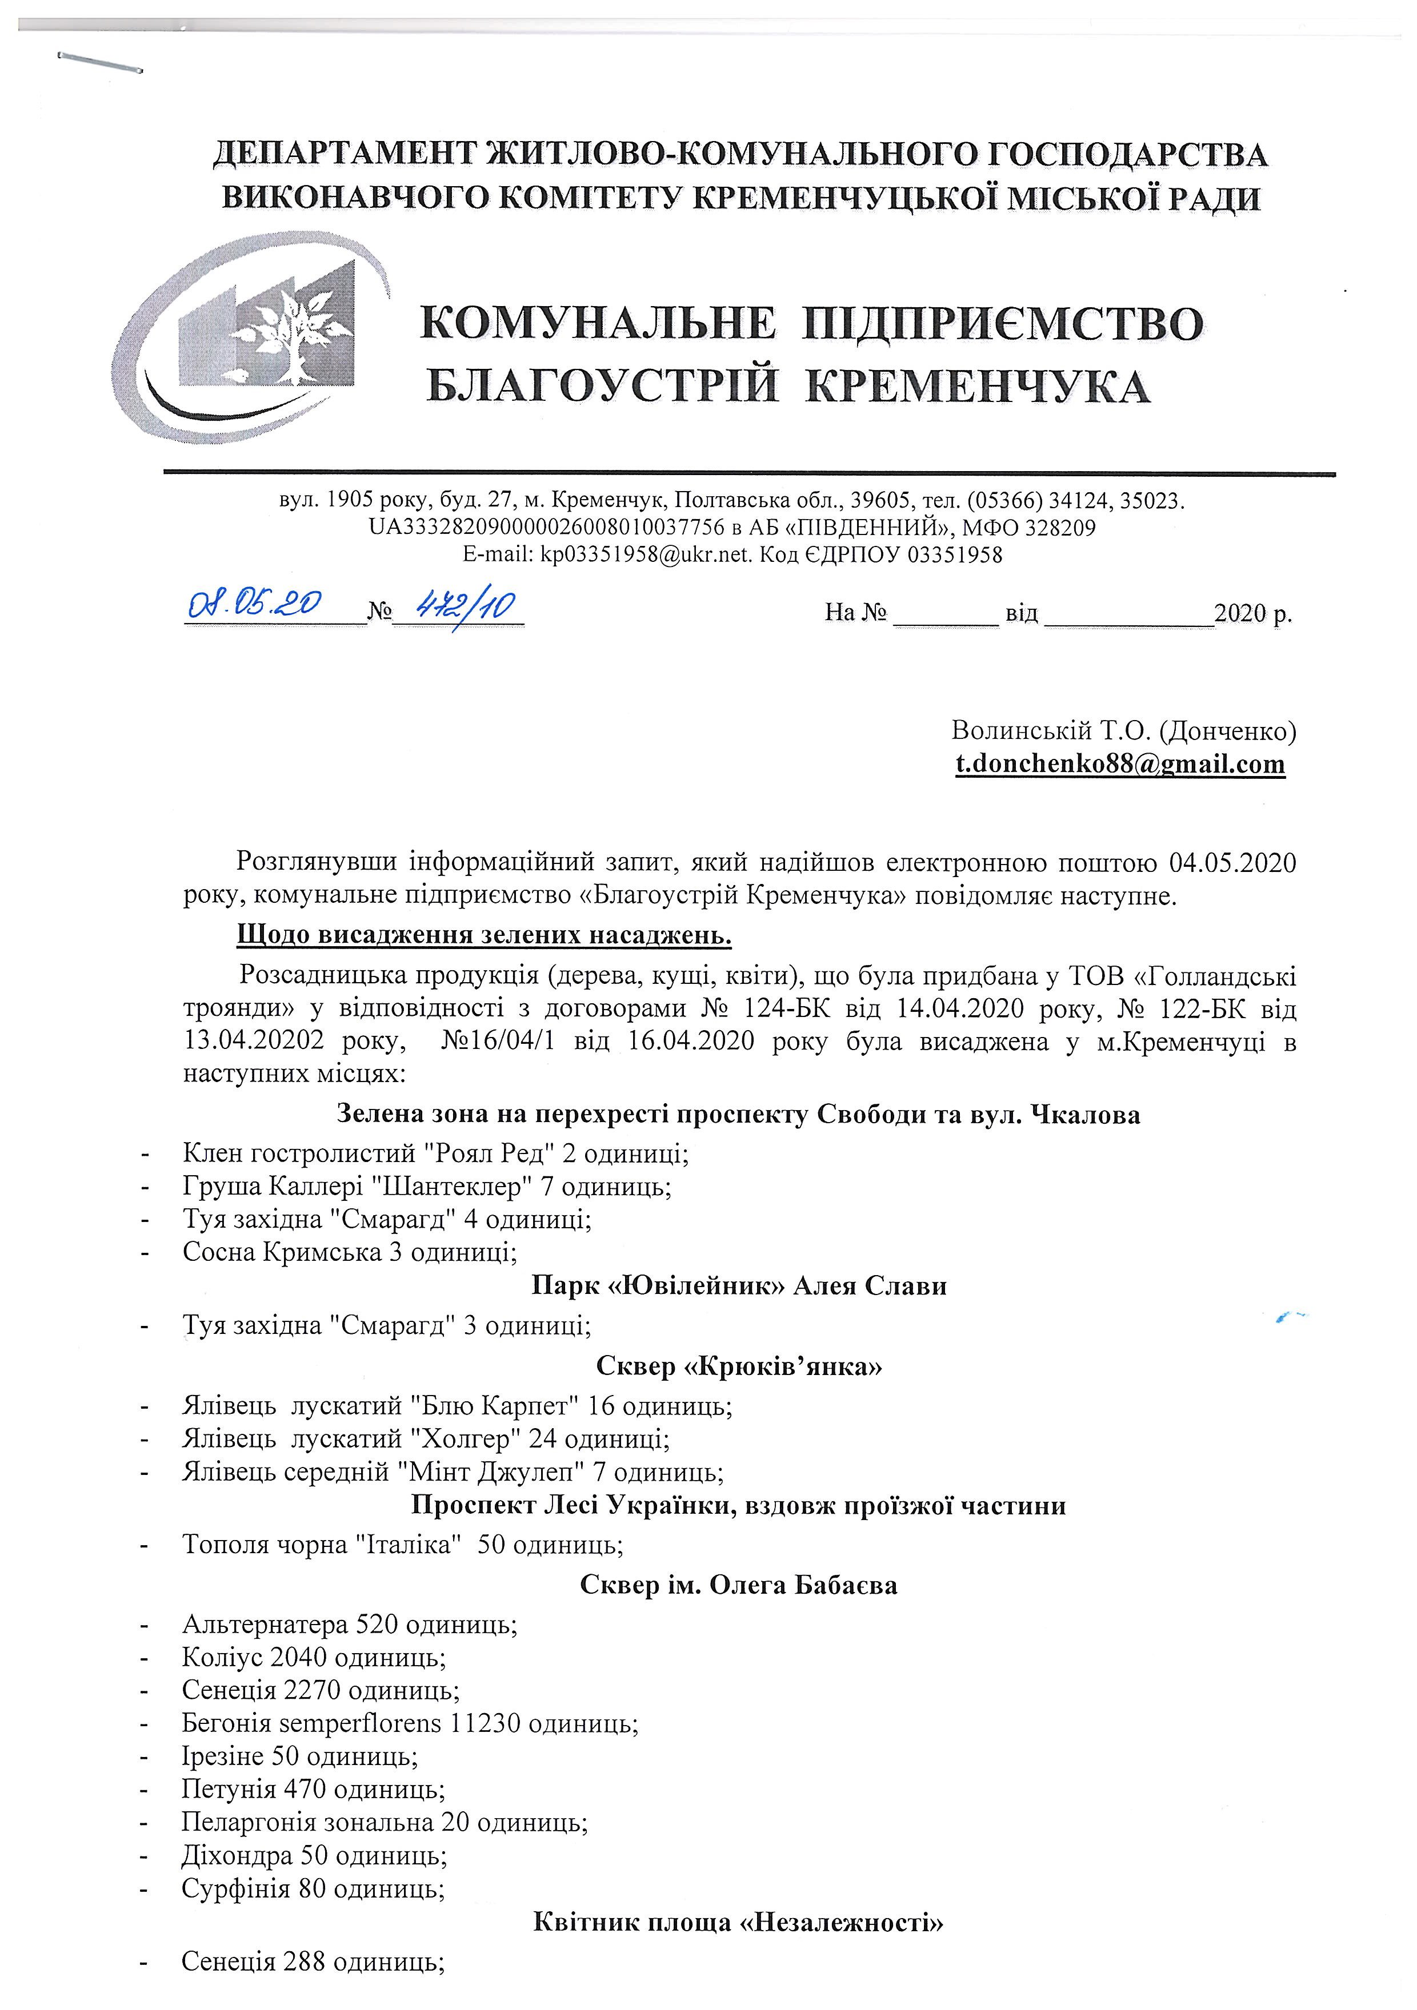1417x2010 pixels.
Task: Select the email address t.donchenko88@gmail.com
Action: [x=1119, y=763]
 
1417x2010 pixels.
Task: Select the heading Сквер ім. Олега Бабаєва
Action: [x=738, y=1585]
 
